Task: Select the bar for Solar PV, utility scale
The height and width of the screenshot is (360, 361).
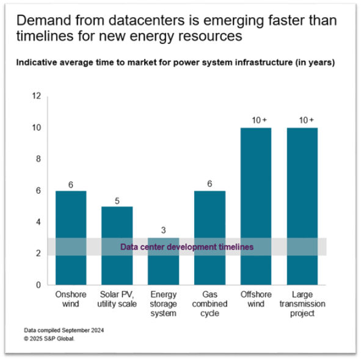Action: (x=117, y=245)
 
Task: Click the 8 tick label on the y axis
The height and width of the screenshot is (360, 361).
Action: (x=38, y=159)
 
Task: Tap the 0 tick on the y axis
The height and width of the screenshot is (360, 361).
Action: (x=38, y=285)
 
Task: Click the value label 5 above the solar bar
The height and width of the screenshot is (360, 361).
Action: (x=117, y=199)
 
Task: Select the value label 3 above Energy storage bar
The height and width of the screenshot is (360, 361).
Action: (x=163, y=230)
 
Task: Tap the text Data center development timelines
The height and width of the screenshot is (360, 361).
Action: (x=186, y=247)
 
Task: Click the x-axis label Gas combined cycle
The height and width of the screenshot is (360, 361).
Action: (x=210, y=304)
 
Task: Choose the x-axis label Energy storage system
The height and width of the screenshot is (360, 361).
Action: (x=163, y=304)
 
